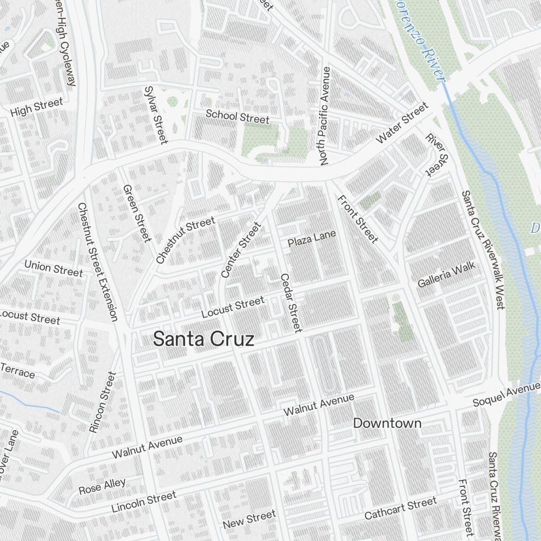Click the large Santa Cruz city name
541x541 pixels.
click(203, 339)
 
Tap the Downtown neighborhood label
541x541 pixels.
click(387, 423)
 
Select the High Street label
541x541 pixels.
click(37, 107)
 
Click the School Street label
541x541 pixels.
click(237, 116)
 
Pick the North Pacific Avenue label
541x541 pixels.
click(325, 116)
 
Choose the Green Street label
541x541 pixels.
click(136, 213)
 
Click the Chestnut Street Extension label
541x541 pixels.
click(97, 262)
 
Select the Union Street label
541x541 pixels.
click(54, 268)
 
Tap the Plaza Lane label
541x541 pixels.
click(312, 239)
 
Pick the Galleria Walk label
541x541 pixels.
click(446, 275)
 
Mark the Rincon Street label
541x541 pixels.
click(102, 402)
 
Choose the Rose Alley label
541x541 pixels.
click(102, 486)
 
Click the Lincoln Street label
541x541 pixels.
click(143, 502)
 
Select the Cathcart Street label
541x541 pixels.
click(400, 509)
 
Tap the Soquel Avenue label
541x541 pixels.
click(506, 394)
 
